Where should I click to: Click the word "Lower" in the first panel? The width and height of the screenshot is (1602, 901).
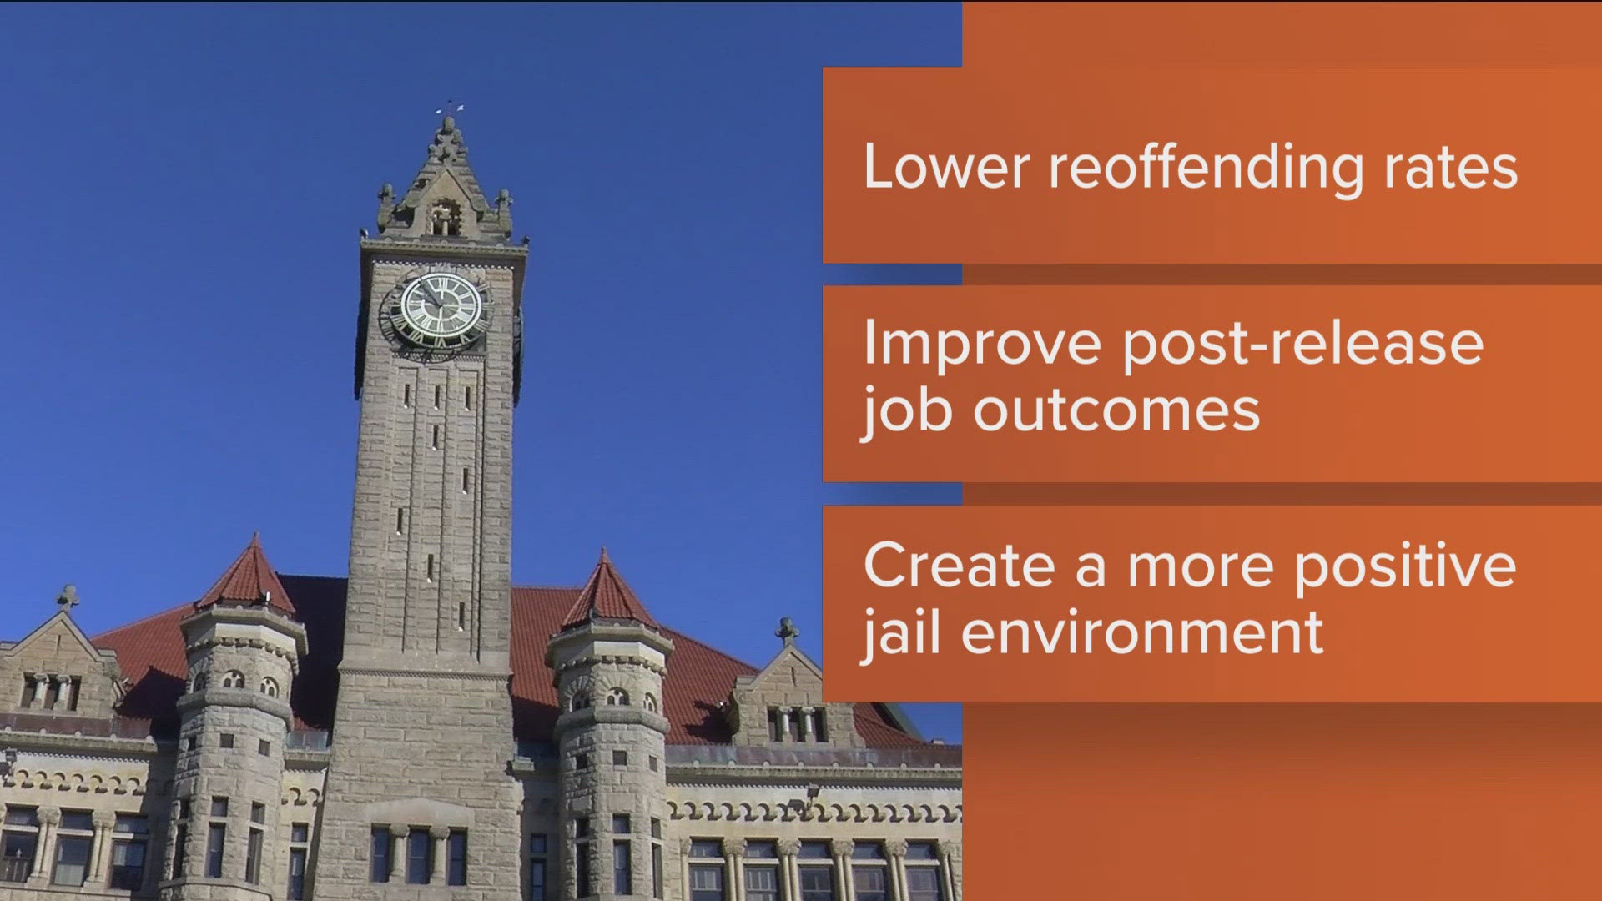947,167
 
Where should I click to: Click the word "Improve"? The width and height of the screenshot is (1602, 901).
983,345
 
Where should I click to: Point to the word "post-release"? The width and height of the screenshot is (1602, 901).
1303,345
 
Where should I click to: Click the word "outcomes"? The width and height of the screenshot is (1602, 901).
1116,412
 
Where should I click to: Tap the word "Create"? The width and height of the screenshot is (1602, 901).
960,566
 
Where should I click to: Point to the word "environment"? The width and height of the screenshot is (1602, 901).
1142,633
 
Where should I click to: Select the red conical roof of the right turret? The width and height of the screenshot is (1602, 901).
607,591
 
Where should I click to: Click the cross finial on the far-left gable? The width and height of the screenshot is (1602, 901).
68,596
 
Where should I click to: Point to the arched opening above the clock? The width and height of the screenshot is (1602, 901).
444,217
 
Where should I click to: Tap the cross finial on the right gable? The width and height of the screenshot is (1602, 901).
786,630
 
